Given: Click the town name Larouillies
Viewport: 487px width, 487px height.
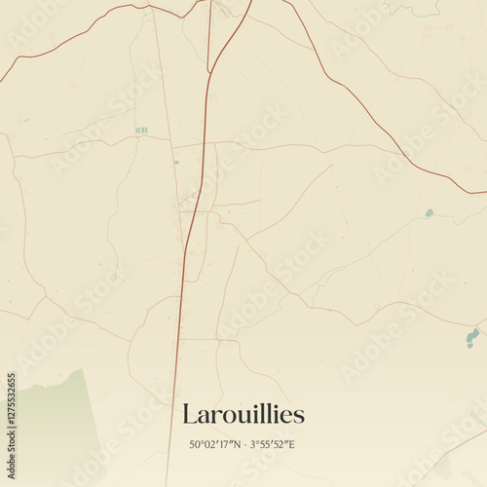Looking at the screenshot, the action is coord(243,414).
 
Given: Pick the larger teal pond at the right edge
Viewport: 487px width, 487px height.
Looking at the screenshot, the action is coord(472,337).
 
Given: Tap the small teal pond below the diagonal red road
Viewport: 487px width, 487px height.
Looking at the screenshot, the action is coord(429,212).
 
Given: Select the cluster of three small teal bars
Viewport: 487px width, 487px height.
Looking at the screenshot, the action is coord(141,130).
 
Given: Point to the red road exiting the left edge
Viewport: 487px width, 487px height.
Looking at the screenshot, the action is coord(4,76).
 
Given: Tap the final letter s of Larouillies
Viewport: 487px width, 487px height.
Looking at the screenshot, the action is coord(299,416).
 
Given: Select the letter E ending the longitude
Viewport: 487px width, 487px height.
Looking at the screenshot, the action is coord(291,445).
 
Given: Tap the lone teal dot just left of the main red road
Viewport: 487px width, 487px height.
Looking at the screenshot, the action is coord(176,162).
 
